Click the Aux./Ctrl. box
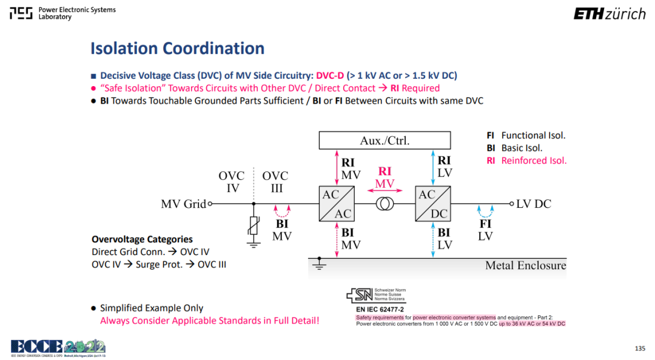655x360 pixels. pyautogui.click(x=385, y=141)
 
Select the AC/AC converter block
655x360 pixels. pyautogui.click(x=337, y=204)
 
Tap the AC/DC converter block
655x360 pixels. pyautogui.click(x=433, y=204)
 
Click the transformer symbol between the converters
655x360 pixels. pyautogui.click(x=385, y=204)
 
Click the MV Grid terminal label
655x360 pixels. pyautogui.click(x=184, y=204)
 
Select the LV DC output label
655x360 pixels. pyautogui.click(x=534, y=204)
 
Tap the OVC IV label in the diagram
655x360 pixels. pyautogui.click(x=232, y=182)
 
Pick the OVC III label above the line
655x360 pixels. pyautogui.click(x=275, y=182)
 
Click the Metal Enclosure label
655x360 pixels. pyautogui.click(x=525, y=265)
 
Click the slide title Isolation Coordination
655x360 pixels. pyautogui.click(x=178, y=48)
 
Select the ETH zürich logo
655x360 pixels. pyautogui.click(x=610, y=14)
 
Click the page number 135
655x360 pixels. pyautogui.click(x=640, y=348)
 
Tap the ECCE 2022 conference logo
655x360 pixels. pyautogui.click(x=58, y=348)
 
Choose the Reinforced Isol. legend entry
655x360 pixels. pyautogui.click(x=527, y=161)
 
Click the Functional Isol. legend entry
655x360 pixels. pyautogui.click(x=526, y=135)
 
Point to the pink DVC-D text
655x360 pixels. pyautogui.click(x=330, y=76)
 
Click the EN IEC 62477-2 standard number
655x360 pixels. pyautogui.click(x=380, y=310)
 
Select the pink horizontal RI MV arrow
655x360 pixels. pyautogui.click(x=385, y=190)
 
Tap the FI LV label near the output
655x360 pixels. pyautogui.click(x=485, y=230)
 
